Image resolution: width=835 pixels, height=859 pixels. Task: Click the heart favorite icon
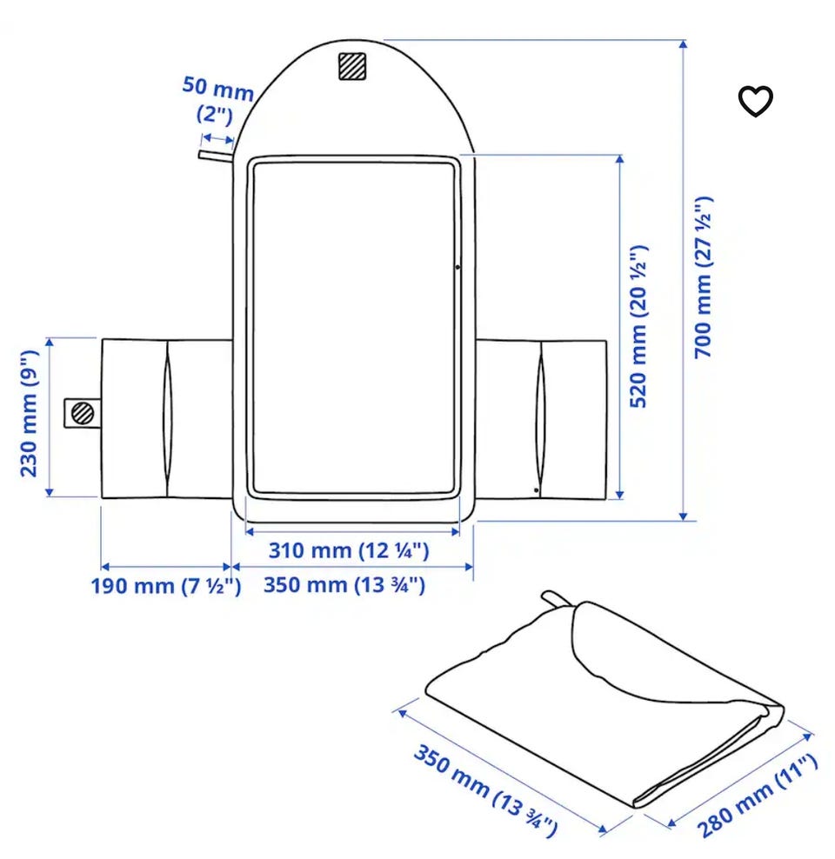click(x=755, y=101)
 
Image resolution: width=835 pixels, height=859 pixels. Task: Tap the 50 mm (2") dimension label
click(x=217, y=100)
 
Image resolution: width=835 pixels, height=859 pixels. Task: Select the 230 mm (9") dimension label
click(x=29, y=414)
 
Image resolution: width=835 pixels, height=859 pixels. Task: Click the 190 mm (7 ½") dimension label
click(x=165, y=586)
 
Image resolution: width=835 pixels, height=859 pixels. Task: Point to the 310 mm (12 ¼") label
click(x=349, y=550)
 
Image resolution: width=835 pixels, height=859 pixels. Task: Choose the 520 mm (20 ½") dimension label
click(x=638, y=327)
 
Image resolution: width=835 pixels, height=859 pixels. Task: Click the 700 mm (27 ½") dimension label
click(x=704, y=277)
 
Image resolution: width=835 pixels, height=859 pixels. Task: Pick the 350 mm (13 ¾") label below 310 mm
click(x=344, y=584)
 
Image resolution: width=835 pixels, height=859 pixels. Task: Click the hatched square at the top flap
click(x=351, y=66)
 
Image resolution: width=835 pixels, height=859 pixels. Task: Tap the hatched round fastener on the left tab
click(x=83, y=413)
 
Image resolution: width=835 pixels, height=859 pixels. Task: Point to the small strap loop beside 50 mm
click(x=216, y=156)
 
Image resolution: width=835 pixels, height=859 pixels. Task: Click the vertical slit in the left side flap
click(x=167, y=419)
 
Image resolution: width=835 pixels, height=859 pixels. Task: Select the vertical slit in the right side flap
click(x=541, y=419)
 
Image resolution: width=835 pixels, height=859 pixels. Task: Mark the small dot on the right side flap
click(x=536, y=489)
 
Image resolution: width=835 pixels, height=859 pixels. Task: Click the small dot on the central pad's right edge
click(x=458, y=267)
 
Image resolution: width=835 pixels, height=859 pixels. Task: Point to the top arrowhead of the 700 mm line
click(x=683, y=43)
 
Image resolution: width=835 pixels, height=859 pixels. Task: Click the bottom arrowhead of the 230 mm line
click(x=50, y=492)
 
